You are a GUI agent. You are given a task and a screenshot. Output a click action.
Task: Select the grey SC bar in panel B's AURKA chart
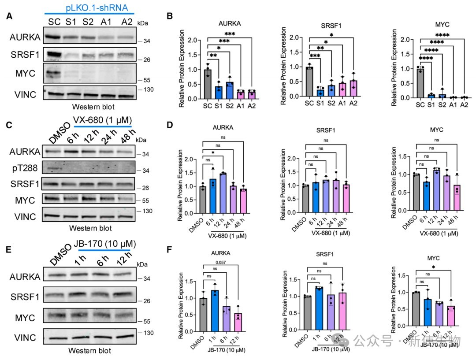[208, 84]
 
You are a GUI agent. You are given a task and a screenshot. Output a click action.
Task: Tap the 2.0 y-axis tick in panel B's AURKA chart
[190, 40]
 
